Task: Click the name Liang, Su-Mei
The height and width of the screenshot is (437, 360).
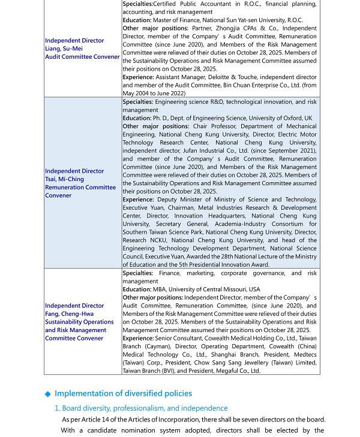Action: (x=64, y=49)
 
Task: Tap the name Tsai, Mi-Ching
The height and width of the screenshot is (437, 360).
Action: (x=64, y=179)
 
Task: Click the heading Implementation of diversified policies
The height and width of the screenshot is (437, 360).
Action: (x=123, y=393)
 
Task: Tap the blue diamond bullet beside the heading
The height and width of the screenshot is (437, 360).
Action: (x=48, y=394)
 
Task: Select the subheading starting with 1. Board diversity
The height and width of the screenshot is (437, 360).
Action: (x=141, y=408)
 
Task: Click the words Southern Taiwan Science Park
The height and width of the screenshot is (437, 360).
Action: (x=158, y=232)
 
